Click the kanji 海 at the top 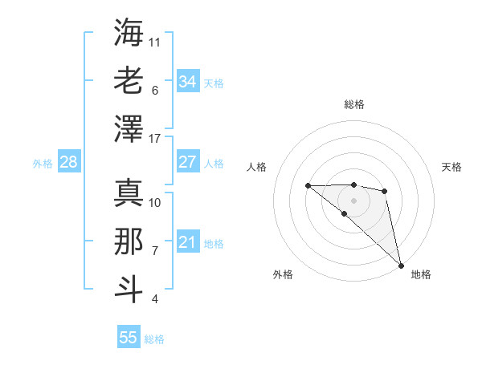[129, 34]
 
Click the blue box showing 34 [187, 81]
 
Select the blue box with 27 [187, 162]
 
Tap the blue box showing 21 [187, 242]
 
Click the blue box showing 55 [129, 338]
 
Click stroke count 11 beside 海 [155, 41]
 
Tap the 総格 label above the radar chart [354, 104]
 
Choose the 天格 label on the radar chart [451, 167]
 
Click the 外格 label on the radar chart [283, 274]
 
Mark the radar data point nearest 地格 [401, 265]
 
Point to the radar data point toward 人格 [308, 186]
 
